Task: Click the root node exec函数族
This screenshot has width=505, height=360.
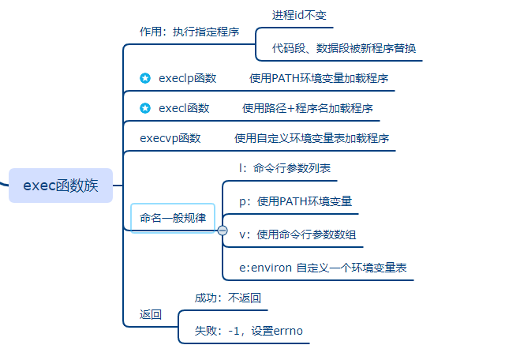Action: pos(61,186)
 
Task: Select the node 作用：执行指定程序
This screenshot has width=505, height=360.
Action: pos(189,32)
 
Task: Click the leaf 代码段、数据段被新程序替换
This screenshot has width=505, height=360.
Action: pos(343,48)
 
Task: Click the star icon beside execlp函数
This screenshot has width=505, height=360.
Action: pos(145,78)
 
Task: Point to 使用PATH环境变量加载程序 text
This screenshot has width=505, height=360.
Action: pos(319,78)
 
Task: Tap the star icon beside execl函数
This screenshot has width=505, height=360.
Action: pos(145,108)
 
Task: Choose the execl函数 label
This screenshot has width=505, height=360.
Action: pos(184,108)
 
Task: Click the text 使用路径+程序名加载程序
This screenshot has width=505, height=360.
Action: pos(308,108)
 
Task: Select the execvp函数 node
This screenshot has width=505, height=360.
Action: pos(170,138)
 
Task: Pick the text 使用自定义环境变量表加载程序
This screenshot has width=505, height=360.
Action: pos(312,138)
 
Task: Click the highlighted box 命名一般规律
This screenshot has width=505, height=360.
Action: pos(172,218)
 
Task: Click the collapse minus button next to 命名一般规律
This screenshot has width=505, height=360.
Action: pos(223,231)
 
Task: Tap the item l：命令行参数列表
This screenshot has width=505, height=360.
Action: pos(285,168)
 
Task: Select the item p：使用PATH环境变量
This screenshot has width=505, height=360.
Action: pos(295,201)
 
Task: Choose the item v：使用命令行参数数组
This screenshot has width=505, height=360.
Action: pos(301,234)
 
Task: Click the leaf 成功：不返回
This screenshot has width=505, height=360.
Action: pos(227,298)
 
